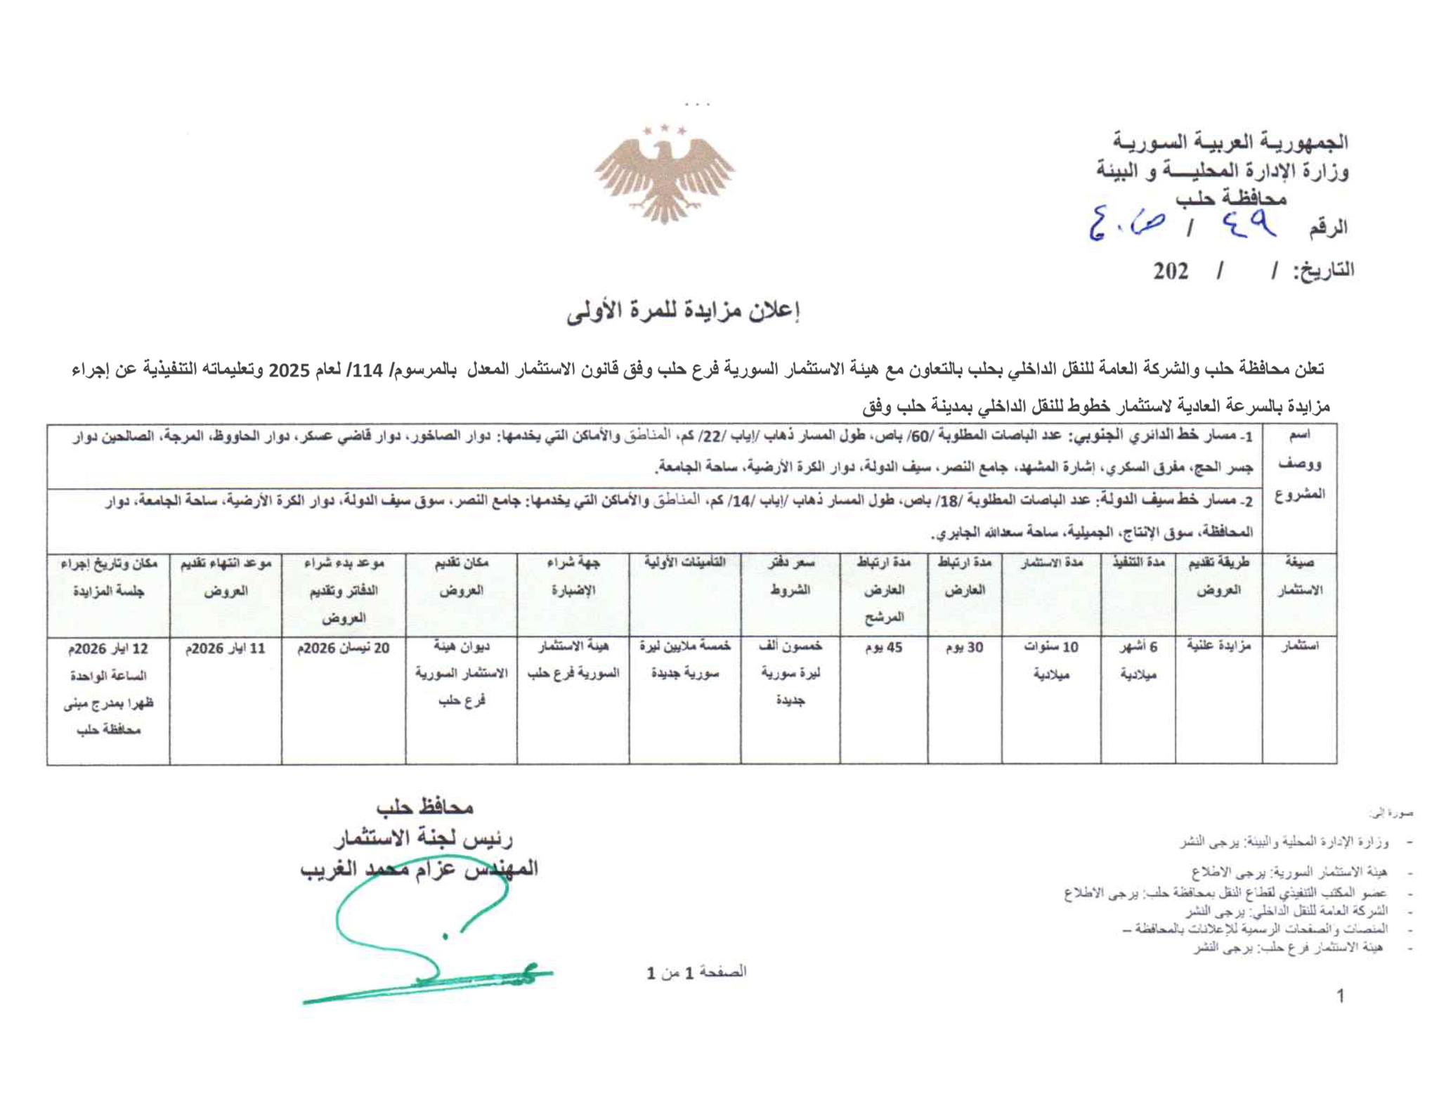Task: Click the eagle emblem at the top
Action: pyautogui.click(x=664, y=176)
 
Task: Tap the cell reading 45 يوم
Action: pyautogui.click(x=883, y=648)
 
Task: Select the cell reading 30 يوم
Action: pyautogui.click(x=965, y=648)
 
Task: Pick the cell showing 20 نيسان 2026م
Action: pyautogui.click(x=344, y=648)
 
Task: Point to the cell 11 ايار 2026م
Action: pyautogui.click(x=226, y=648)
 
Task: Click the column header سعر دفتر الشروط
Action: pyautogui.click(x=790, y=577)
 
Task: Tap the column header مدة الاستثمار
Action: pyautogui.click(x=1051, y=563)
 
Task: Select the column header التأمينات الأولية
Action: pyautogui.click(x=684, y=563)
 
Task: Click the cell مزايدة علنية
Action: pyautogui.click(x=1218, y=645)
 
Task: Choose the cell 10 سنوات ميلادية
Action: pyautogui.click(x=1051, y=660)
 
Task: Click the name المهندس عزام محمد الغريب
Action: pyautogui.click(x=419, y=869)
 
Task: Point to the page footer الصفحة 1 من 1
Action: pyautogui.click(x=696, y=972)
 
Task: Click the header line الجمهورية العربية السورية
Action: pyautogui.click(x=1230, y=142)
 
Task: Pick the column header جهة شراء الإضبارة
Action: pyautogui.click(x=573, y=577)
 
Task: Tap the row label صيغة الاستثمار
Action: pyautogui.click(x=1299, y=577)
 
